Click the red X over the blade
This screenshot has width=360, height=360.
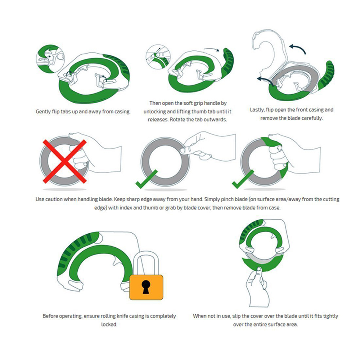65,161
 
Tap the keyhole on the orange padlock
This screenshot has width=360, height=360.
146,287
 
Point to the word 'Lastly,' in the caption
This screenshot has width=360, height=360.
257,110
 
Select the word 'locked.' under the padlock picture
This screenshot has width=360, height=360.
109,324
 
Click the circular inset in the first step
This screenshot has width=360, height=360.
50,59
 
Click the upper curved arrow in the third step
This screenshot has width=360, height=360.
298,49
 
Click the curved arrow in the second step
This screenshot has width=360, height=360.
212,49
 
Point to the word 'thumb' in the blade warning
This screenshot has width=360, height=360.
152,208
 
